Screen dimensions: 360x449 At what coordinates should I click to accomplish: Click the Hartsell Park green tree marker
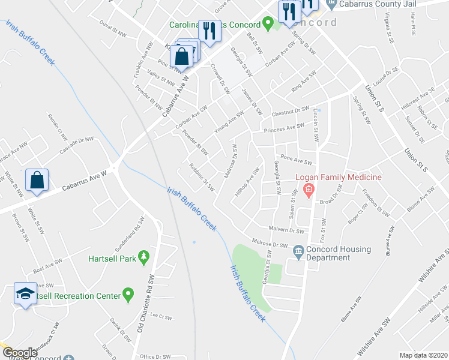[x=143, y=257]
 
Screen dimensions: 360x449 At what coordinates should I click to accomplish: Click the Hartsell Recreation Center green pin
[x=127, y=294]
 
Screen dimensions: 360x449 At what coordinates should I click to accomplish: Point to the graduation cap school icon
[x=24, y=294]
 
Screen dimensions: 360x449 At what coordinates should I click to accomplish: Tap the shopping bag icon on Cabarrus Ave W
[x=37, y=179]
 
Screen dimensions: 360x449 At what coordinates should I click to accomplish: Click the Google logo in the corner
[x=20, y=353]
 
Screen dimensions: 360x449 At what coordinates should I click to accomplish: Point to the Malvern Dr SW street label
[x=288, y=230]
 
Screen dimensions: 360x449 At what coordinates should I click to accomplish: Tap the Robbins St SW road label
[x=202, y=177]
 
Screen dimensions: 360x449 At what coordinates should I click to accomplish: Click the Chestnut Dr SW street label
[x=289, y=112]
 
